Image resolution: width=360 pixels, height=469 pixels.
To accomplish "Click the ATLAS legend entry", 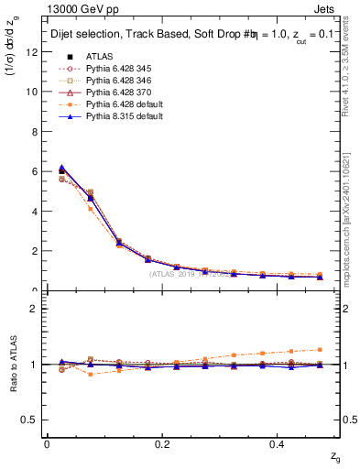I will point(99,56).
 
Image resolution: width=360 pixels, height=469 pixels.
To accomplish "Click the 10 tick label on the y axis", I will point(32,92).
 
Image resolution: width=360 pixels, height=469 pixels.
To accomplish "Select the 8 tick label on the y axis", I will point(35,132).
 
